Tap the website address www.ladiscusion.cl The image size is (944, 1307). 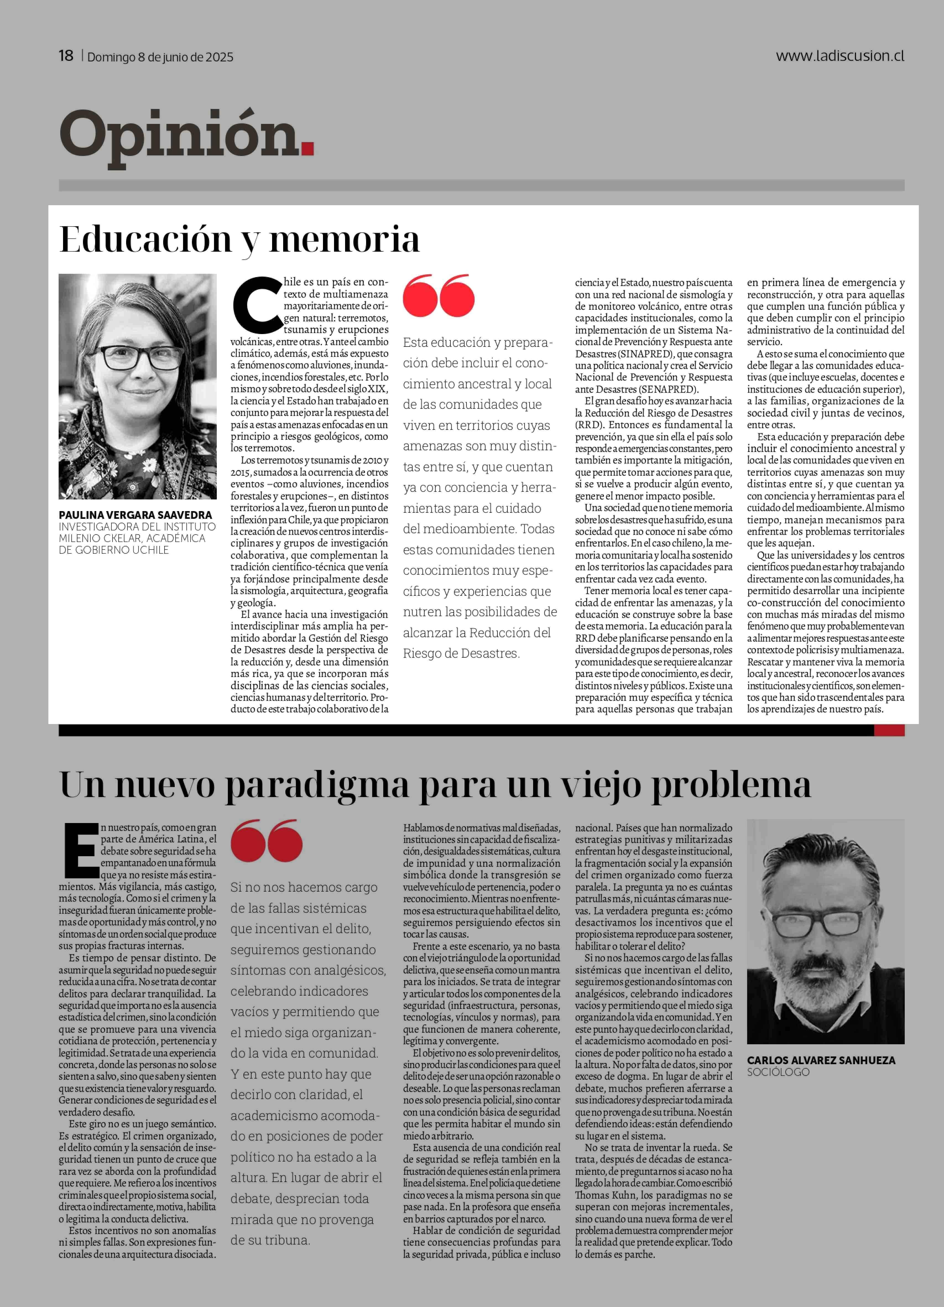(840, 56)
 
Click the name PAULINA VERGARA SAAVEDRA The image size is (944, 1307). (135, 515)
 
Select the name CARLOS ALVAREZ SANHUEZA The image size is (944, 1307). (821, 1060)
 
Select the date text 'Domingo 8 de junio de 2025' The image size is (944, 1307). (160, 57)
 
